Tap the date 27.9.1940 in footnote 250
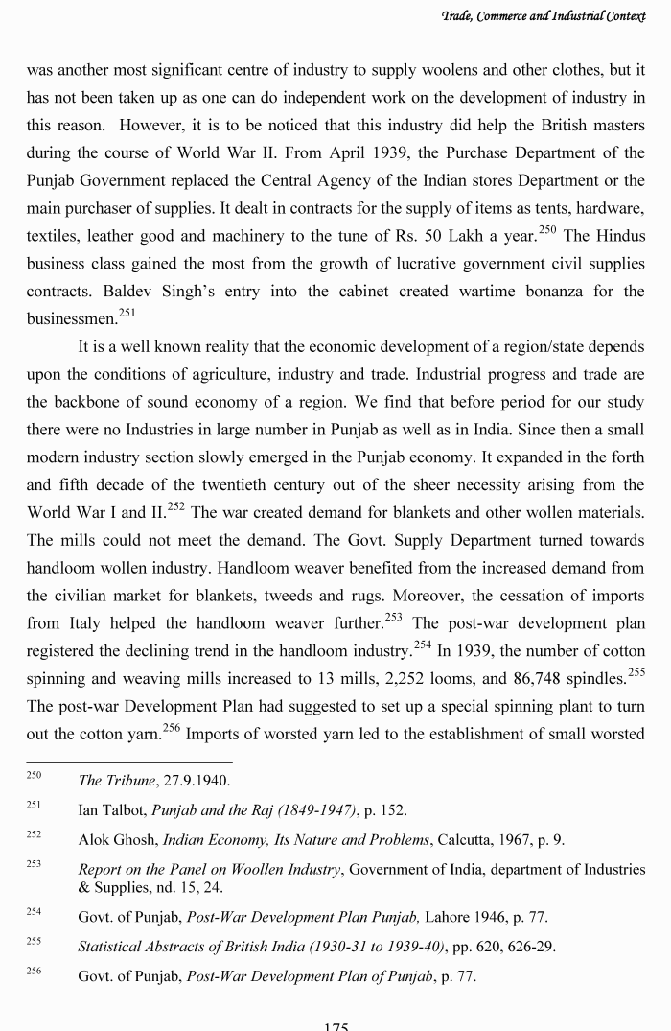pos(194,781)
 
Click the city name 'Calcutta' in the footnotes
pos(465,840)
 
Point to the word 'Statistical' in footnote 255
pos(113,947)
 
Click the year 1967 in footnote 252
pos(515,840)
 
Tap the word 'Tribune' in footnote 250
pos(129,781)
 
